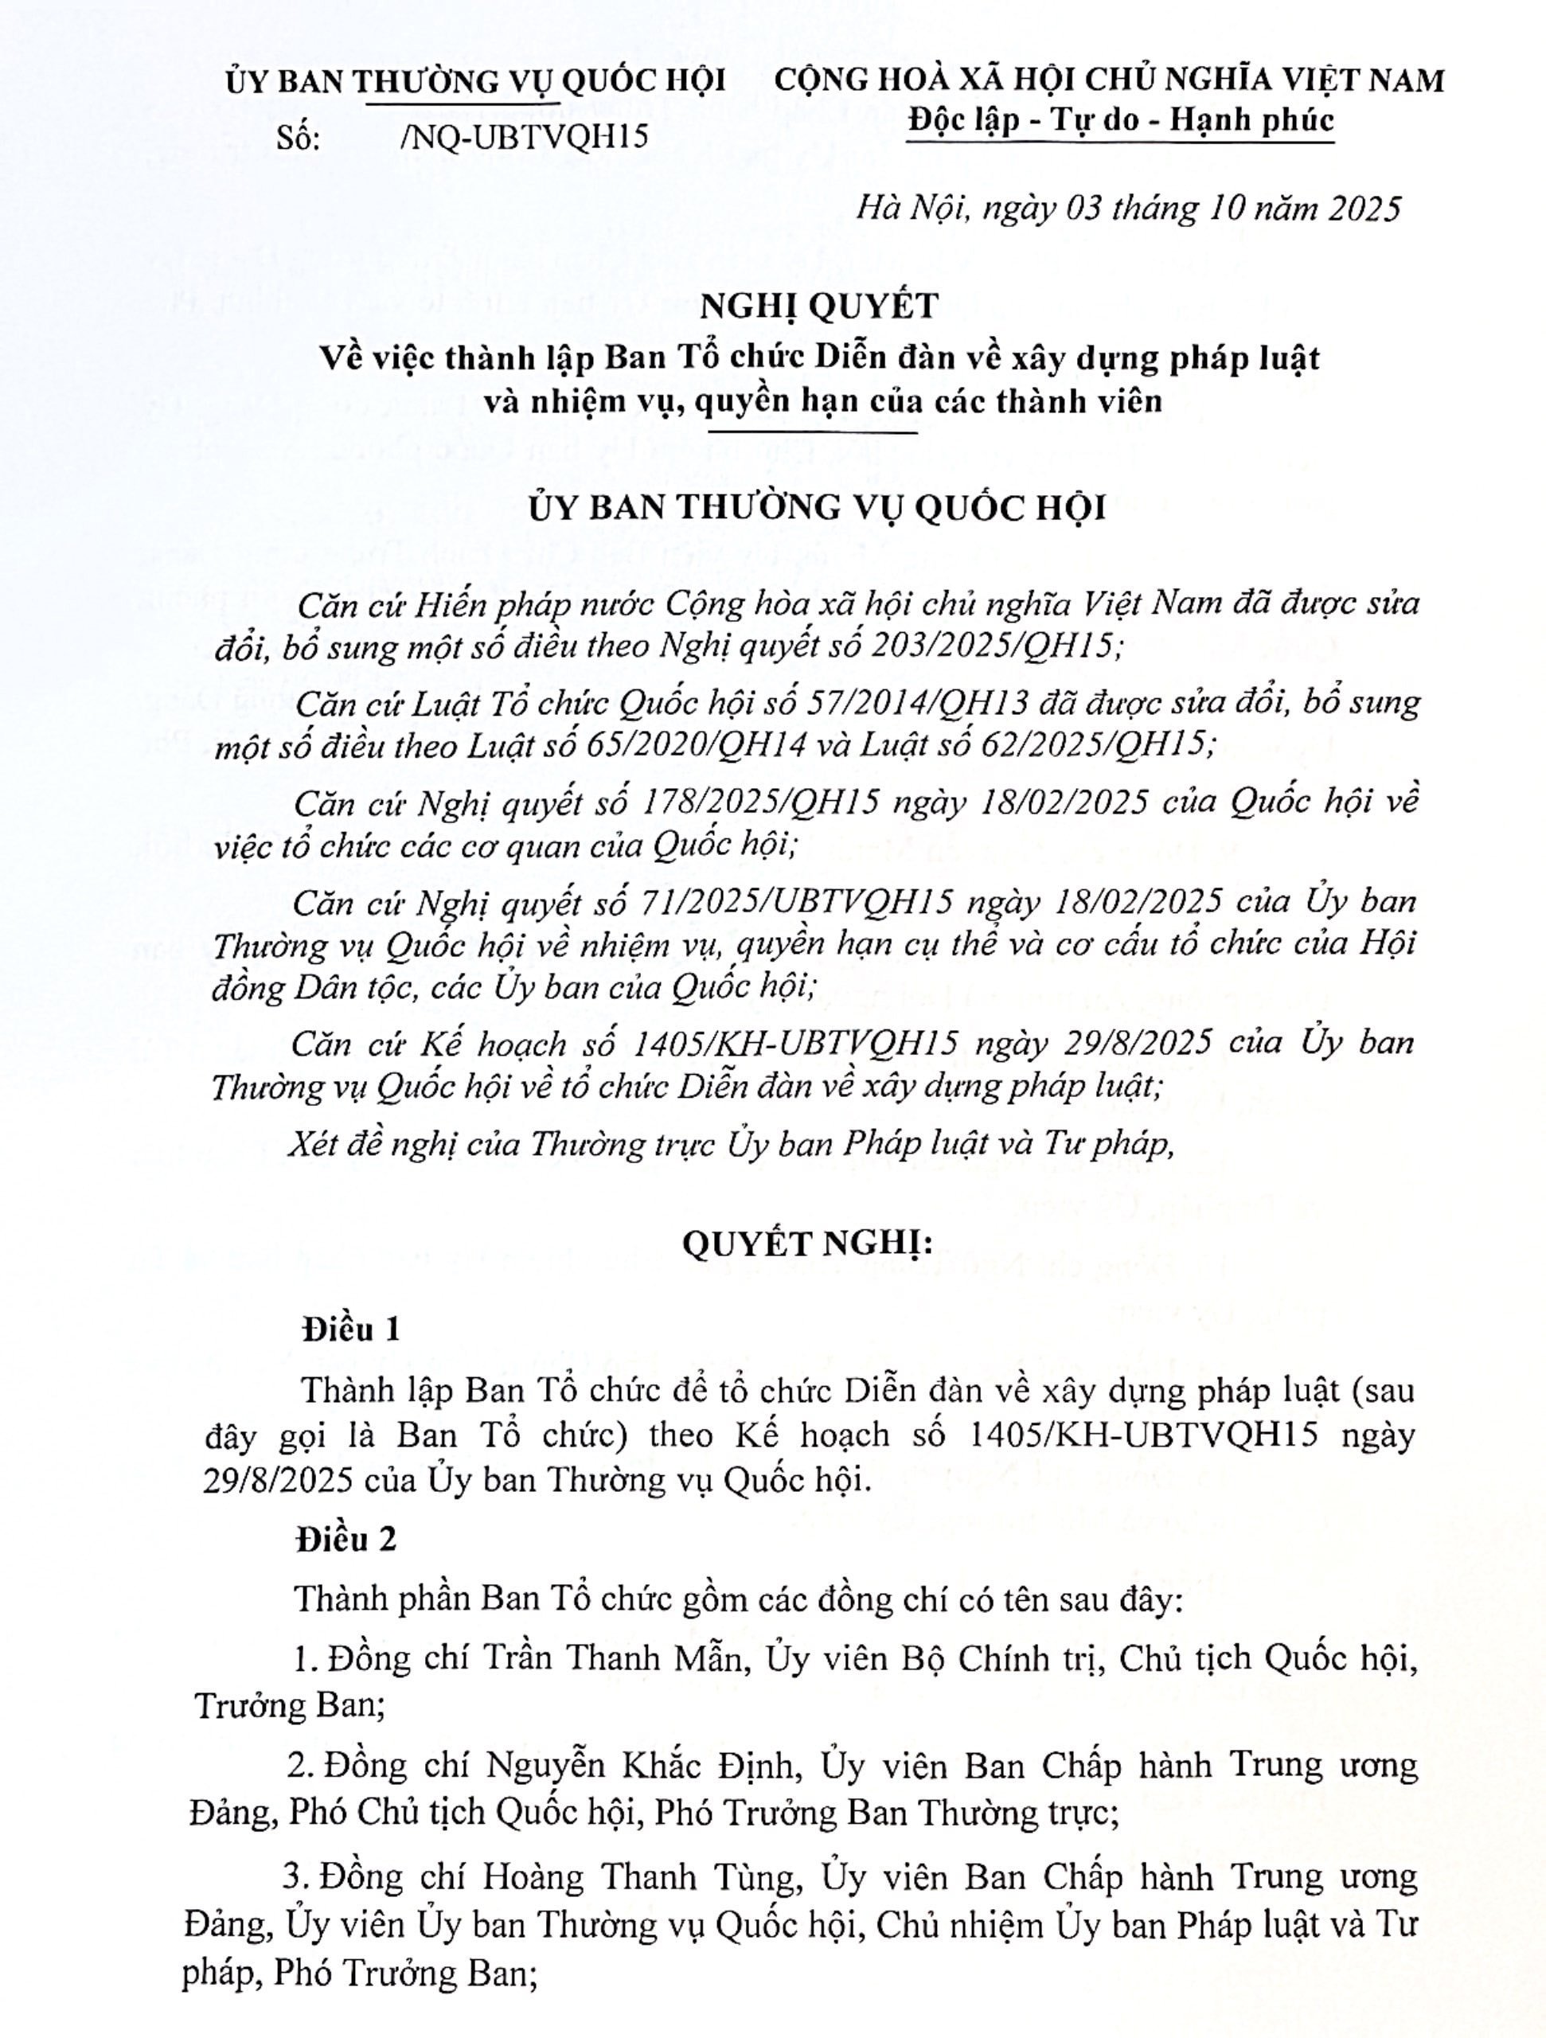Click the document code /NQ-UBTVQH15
(x=525, y=137)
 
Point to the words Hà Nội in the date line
(x=912, y=209)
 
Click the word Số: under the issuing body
(x=298, y=137)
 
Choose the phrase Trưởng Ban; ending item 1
(x=289, y=1705)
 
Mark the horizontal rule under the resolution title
(x=806, y=433)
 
